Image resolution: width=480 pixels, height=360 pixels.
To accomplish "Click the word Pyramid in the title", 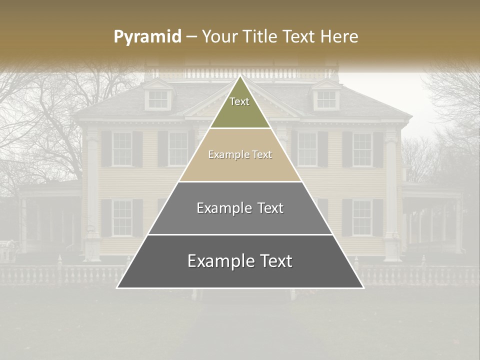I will click(x=147, y=36).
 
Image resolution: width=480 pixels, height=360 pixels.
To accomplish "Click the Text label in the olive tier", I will click(x=239, y=101).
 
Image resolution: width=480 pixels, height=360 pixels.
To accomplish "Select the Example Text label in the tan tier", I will click(x=240, y=154).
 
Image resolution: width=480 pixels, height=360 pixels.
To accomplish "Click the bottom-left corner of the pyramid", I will click(x=117, y=287).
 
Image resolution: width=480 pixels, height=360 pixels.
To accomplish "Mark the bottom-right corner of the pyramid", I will click(x=363, y=287).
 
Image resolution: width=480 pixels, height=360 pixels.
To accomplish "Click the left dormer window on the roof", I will click(x=158, y=99).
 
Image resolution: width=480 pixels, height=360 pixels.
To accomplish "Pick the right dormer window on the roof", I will click(x=326, y=99).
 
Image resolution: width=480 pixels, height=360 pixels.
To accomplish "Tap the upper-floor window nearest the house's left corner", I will click(x=121, y=149).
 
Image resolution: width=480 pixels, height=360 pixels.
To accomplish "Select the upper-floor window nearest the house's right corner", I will click(x=362, y=149).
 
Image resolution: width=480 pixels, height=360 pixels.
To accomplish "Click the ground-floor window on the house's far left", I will click(x=121, y=217).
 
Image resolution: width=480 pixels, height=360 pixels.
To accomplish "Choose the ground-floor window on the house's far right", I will click(x=362, y=217).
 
